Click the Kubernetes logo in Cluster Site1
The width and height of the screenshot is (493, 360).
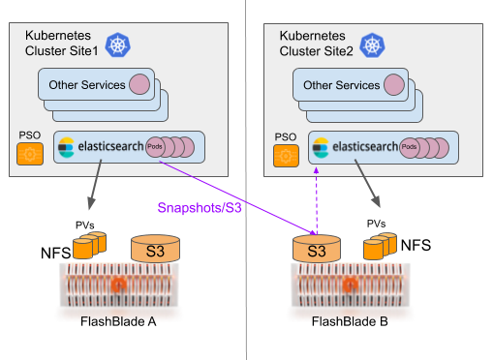pyautogui.click(x=118, y=45)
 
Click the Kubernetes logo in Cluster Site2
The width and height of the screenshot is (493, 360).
pyautogui.click(x=370, y=45)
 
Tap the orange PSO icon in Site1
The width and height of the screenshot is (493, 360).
pyautogui.click(x=28, y=153)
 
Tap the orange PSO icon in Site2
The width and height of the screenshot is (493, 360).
pyautogui.click(x=285, y=153)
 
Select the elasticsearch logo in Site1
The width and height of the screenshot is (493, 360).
pyautogui.click(x=67, y=148)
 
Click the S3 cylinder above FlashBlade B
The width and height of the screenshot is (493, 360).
pyautogui.click(x=315, y=250)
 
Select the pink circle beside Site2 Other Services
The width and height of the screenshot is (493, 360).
pyautogui.click(x=393, y=84)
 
